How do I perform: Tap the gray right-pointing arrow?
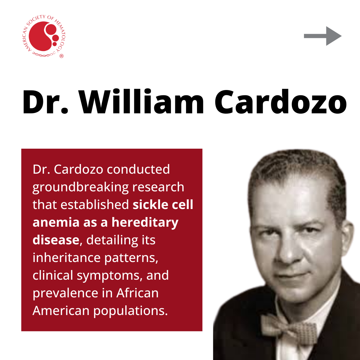tap(323, 36)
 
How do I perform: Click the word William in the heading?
tap(141, 101)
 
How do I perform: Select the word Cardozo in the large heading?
tap(281, 102)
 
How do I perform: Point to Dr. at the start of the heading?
tap(45, 102)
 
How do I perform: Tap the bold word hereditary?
tap(145, 223)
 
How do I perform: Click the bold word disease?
tap(56, 240)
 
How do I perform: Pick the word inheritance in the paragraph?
tap(67, 258)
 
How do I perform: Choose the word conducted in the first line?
tap(138, 169)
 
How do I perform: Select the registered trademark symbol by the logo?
tap(61, 56)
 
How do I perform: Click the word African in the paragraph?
tap(137, 293)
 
